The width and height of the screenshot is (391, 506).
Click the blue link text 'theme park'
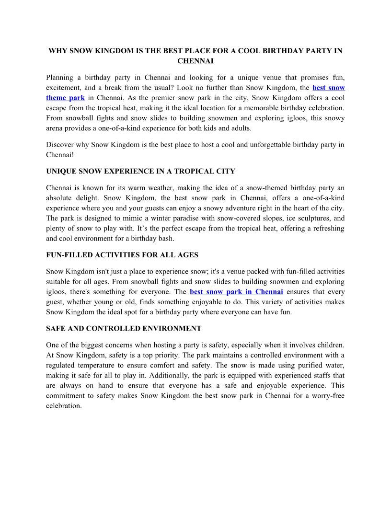click(x=65, y=98)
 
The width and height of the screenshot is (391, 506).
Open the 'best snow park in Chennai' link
click(x=236, y=292)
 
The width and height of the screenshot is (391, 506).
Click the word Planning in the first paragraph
click(x=60, y=78)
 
